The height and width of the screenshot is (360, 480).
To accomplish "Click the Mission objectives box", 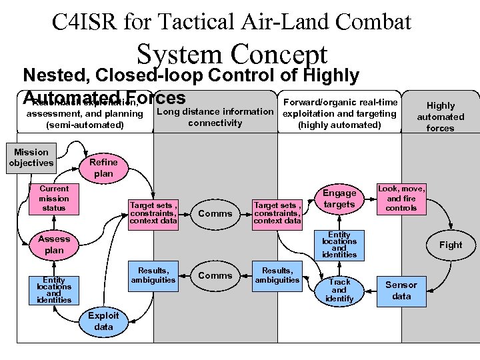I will tap(31, 158).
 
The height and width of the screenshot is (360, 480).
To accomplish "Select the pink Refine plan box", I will tap(103, 167).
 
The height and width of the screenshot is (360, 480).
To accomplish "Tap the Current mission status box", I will tap(54, 199).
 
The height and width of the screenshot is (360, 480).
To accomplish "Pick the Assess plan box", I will tap(54, 245).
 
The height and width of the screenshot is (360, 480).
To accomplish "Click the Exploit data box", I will tap(104, 321).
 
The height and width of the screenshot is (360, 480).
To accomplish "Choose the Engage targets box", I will tap(339, 199).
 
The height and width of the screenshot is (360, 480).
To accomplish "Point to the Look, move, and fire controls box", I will tap(401, 199).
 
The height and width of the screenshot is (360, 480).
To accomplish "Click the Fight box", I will tap(451, 245).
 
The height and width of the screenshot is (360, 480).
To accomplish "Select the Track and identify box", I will tap(339, 290).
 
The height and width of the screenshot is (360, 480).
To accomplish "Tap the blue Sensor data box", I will tap(401, 290).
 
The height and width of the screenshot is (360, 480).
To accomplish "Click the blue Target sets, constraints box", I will tap(153, 213).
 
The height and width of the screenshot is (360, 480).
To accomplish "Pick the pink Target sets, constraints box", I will tap(277, 213).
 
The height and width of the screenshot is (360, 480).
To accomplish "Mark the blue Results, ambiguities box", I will tap(153, 275).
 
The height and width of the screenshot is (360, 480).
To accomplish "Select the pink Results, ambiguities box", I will tap(277, 275).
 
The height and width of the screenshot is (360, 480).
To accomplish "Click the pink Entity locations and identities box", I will tap(339, 245).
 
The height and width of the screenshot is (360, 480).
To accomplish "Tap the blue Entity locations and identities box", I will tap(54, 291).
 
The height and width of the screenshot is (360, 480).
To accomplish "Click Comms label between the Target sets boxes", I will tap(215, 213).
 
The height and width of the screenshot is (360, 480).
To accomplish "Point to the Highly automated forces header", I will tap(441, 117).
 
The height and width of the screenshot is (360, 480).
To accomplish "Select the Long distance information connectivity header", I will tap(215, 117).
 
